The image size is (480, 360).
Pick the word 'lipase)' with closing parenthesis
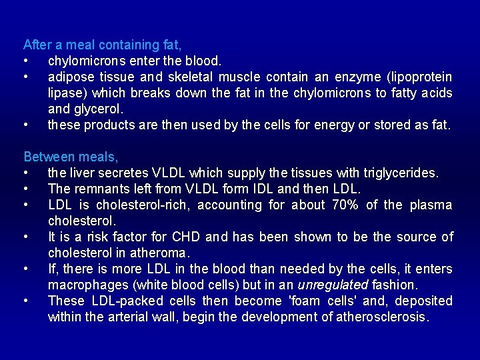[68, 93]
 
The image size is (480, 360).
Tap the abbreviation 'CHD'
[186, 237]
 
